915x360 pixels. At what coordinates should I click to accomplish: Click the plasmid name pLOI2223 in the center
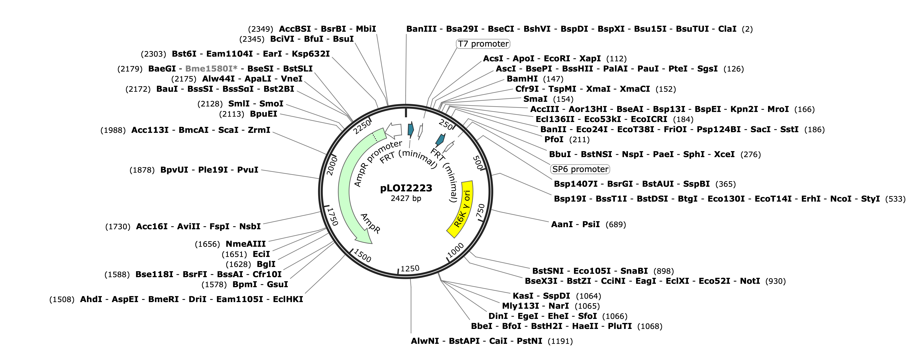click(x=406, y=188)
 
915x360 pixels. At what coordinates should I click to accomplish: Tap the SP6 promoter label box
click(x=580, y=169)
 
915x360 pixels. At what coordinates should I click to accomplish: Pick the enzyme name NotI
click(x=750, y=281)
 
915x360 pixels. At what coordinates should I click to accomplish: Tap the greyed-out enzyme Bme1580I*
click(x=211, y=69)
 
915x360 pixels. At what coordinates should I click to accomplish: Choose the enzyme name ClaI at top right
click(x=727, y=29)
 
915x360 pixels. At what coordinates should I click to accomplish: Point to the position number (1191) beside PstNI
click(x=560, y=341)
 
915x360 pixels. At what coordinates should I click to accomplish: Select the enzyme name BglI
click(x=266, y=264)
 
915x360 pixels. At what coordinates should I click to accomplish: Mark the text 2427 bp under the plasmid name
click(x=406, y=198)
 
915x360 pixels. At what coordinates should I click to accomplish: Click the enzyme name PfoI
click(x=554, y=139)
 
